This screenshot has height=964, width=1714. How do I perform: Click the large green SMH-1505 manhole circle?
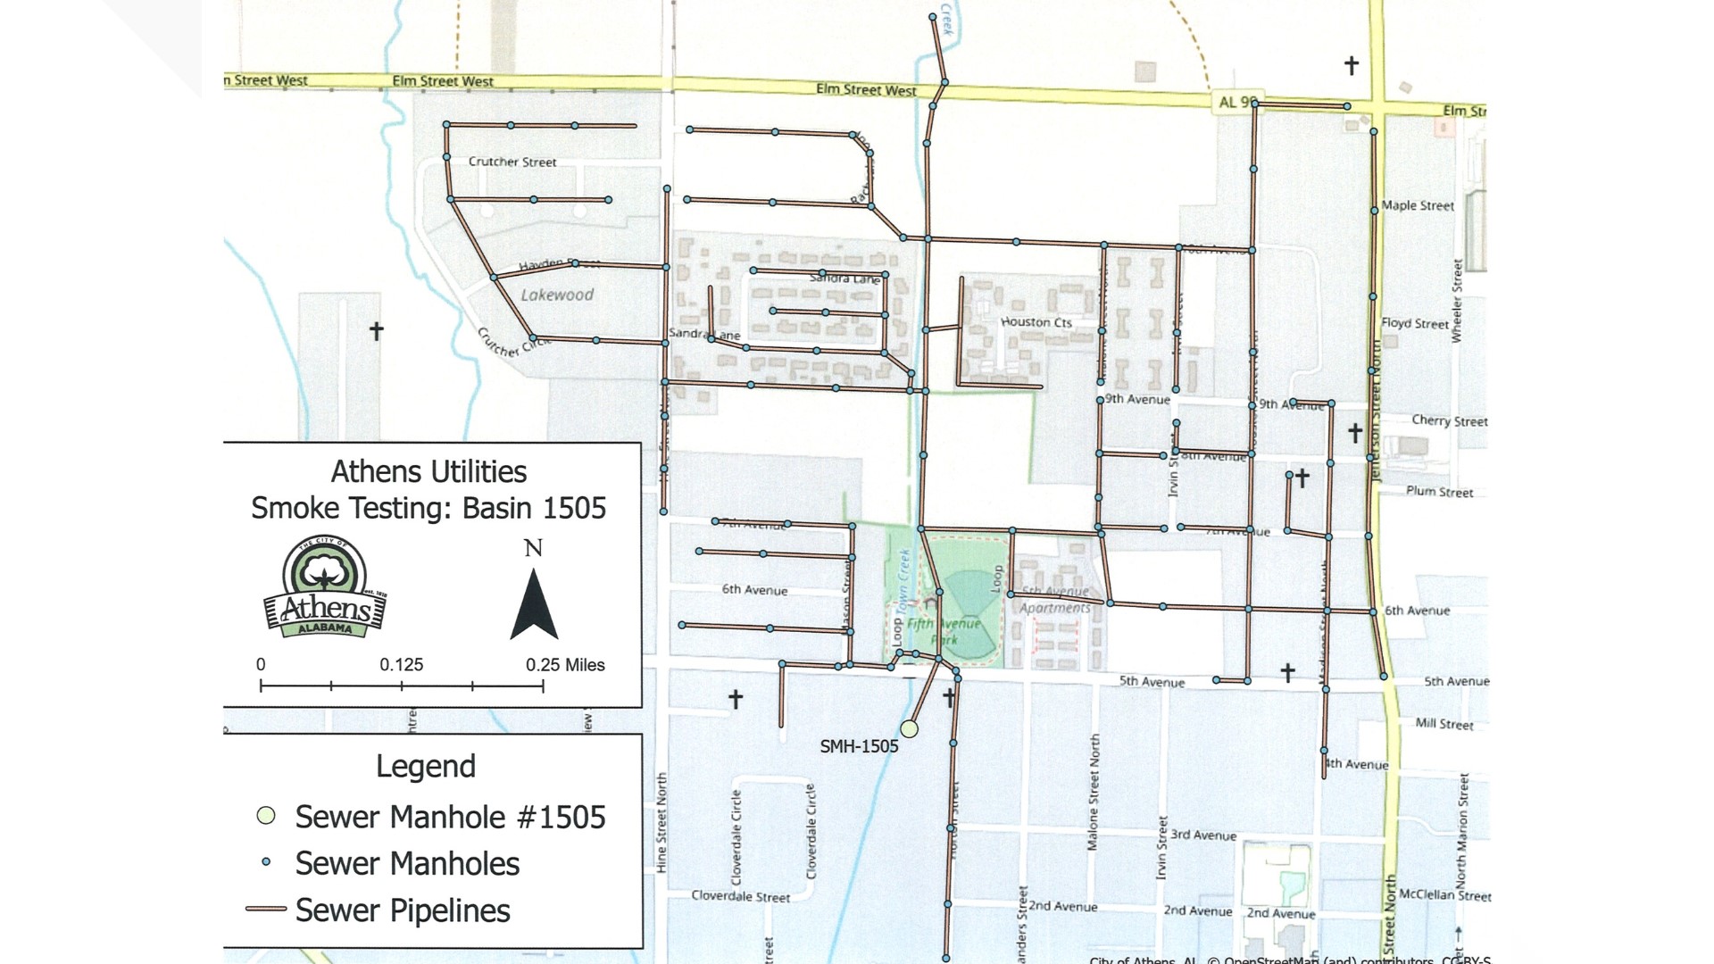click(x=909, y=728)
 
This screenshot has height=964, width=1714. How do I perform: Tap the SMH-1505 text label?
click(x=859, y=746)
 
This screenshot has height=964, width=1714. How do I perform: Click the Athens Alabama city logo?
click(x=326, y=589)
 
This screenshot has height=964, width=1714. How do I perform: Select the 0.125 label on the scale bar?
click(x=401, y=665)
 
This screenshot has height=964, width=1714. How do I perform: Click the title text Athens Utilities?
click(x=428, y=471)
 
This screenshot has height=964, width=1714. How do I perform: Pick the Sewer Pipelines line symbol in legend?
click(x=266, y=910)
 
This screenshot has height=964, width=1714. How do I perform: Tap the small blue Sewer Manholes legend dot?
click(x=266, y=862)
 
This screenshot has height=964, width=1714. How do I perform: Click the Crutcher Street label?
click(x=512, y=162)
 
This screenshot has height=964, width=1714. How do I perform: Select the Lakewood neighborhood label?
click(x=557, y=295)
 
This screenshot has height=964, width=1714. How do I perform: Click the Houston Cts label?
click(x=1036, y=322)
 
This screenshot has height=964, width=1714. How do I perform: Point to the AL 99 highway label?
click(x=1237, y=102)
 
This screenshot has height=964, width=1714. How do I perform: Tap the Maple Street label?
click(x=1418, y=205)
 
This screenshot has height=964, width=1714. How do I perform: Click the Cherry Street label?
click(x=1449, y=420)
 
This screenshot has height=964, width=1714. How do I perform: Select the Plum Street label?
click(x=1439, y=491)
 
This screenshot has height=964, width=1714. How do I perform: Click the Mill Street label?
click(x=1444, y=724)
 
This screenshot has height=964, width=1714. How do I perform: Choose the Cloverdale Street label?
click(x=740, y=896)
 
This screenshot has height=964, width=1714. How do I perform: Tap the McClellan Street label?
click(x=1444, y=894)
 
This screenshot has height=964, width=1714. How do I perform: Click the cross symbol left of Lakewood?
click(x=377, y=331)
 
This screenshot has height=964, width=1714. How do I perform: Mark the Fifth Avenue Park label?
click(x=944, y=631)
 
